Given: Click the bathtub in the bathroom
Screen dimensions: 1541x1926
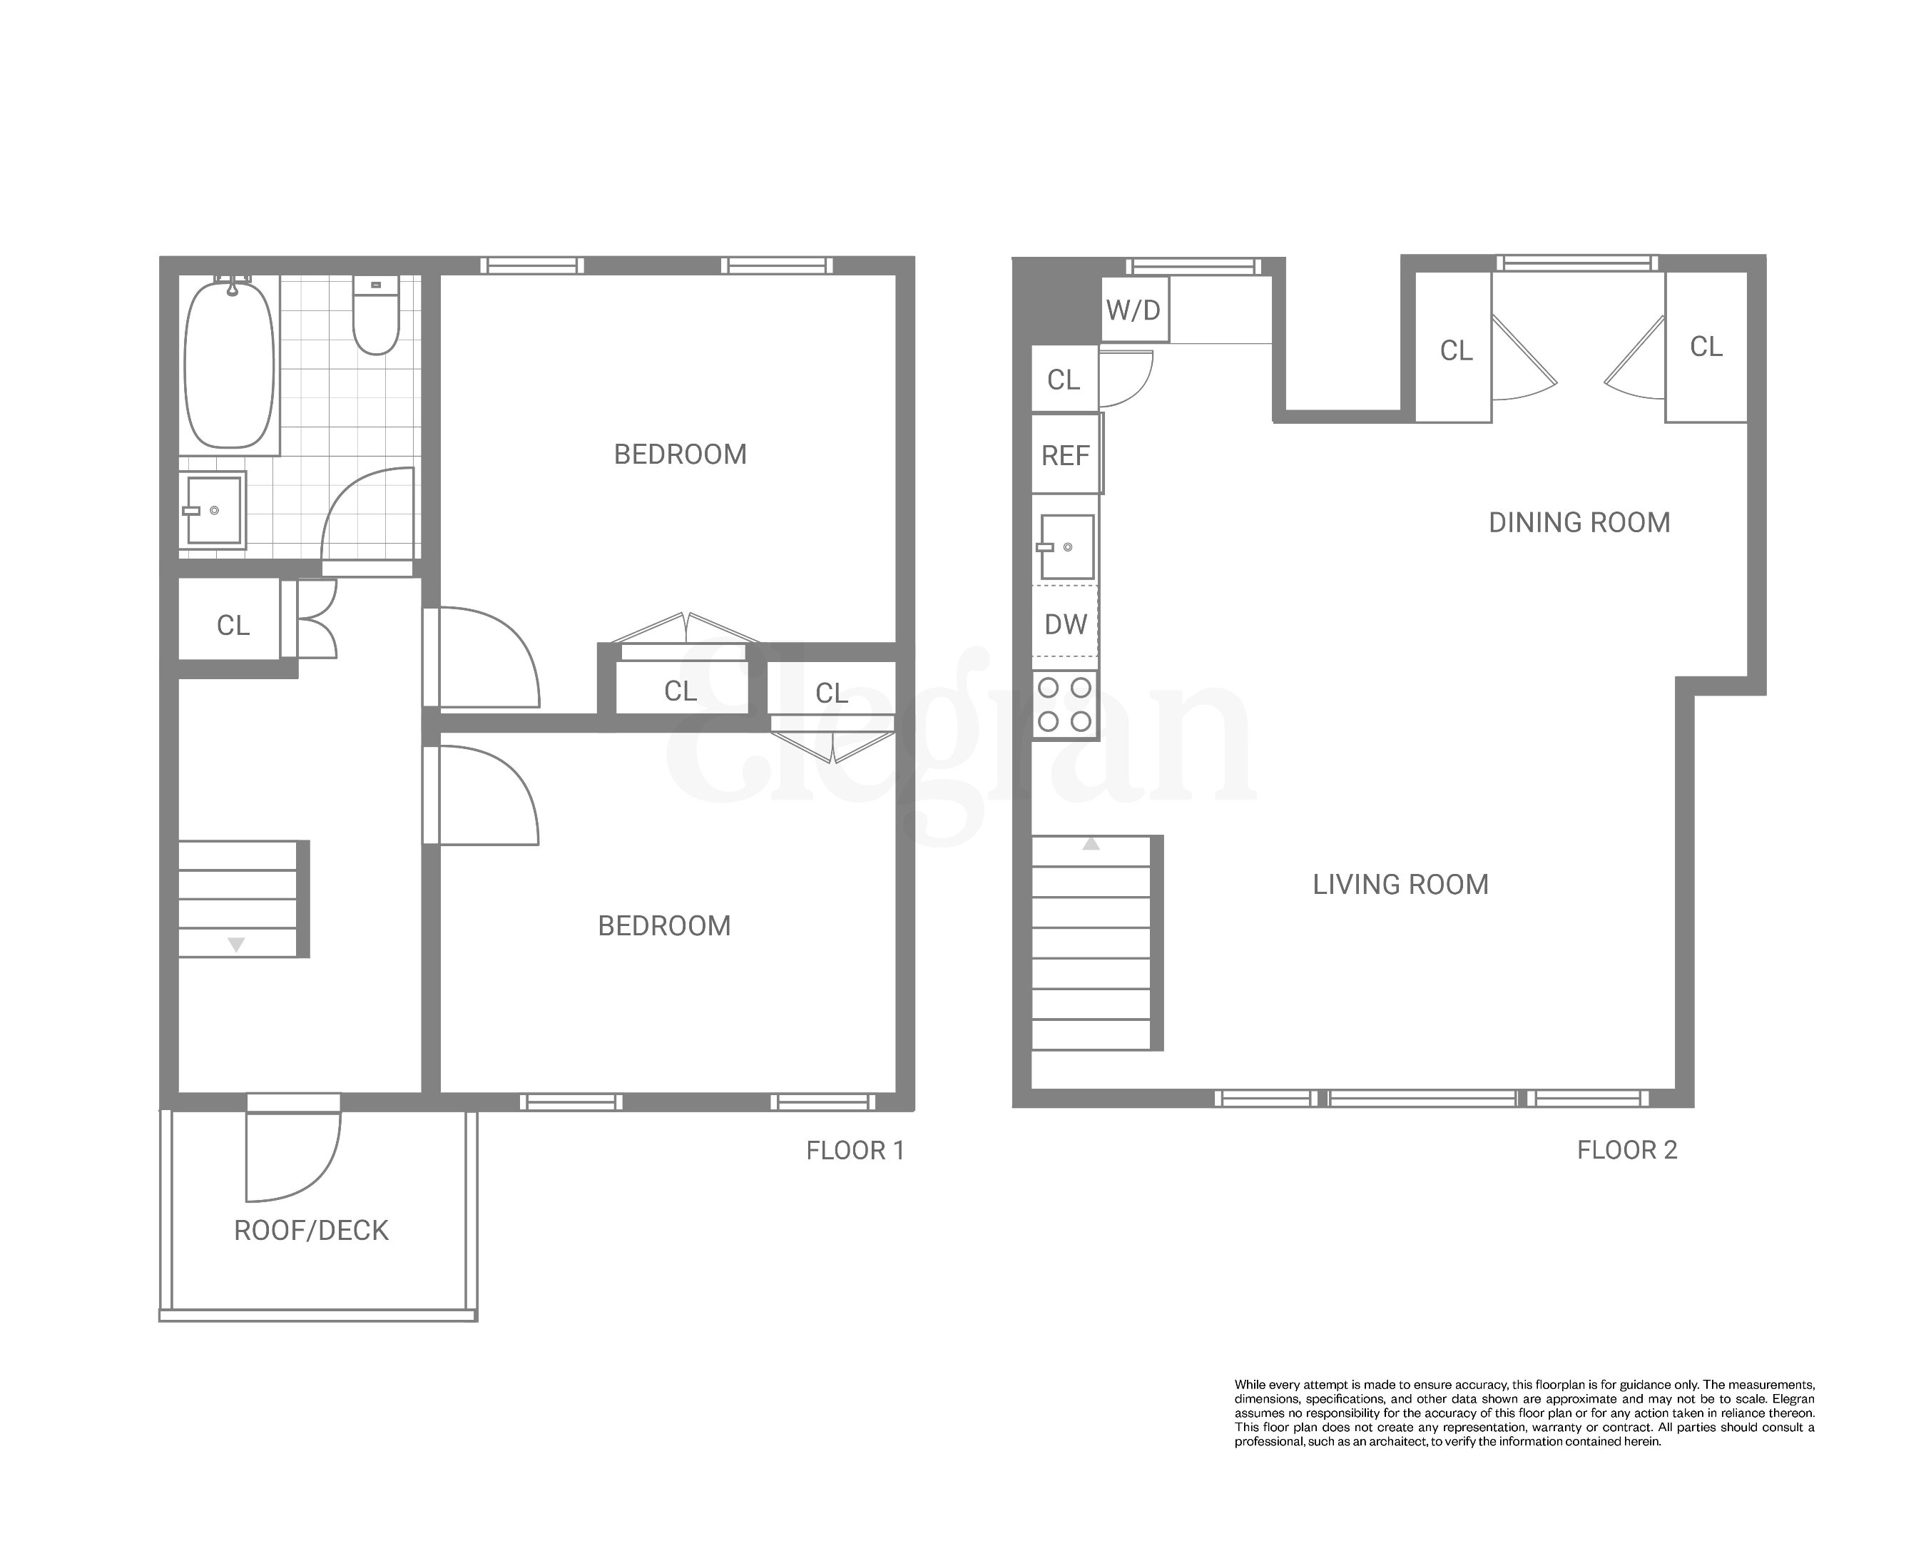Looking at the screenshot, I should [x=230, y=364].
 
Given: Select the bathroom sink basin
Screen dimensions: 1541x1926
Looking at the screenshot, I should [x=213, y=510].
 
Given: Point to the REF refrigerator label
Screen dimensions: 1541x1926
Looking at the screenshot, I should [x=1066, y=456].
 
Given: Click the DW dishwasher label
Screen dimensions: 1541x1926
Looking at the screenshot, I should [x=1066, y=624].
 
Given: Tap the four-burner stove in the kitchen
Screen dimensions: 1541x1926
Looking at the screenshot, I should [x=1065, y=704].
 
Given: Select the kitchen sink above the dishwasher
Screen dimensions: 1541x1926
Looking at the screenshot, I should [x=1066, y=546].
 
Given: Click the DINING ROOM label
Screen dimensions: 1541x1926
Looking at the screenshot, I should [x=1579, y=523].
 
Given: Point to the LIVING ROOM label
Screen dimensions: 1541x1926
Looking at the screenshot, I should [x=1400, y=885].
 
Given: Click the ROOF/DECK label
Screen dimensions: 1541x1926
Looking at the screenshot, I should [x=311, y=1230].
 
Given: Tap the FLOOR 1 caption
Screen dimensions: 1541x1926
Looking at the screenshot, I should [x=855, y=1151].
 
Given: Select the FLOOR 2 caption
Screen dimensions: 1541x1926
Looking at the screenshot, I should [x=1626, y=1150].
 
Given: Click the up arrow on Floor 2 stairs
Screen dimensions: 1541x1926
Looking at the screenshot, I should [x=1091, y=843].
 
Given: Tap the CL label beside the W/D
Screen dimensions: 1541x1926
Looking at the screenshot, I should [x=1063, y=380].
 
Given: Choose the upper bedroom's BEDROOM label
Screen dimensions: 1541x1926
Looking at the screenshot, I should [x=680, y=454].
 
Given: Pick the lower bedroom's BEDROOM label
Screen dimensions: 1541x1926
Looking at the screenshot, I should [x=663, y=925].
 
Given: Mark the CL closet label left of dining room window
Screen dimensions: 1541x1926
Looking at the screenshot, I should [x=1456, y=350].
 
